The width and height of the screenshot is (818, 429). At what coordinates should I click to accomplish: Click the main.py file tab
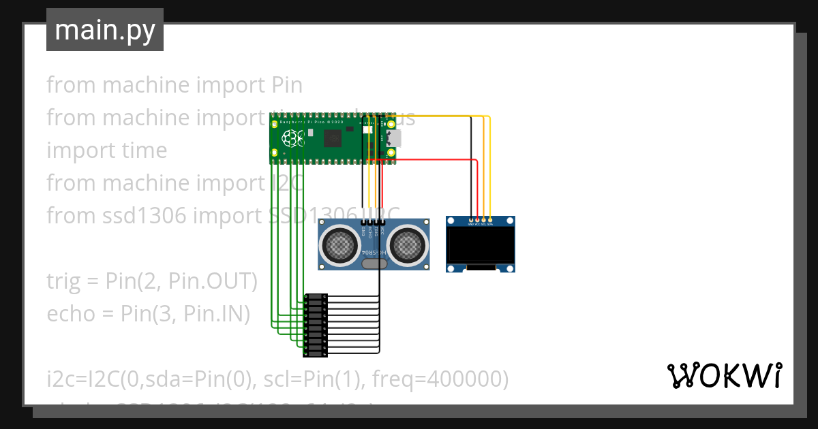coord(104,31)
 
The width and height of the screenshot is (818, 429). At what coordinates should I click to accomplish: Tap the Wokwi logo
coord(724,375)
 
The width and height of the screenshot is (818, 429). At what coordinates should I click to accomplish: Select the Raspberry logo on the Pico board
coord(295,138)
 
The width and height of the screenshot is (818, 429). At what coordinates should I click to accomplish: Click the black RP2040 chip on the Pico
coord(333,139)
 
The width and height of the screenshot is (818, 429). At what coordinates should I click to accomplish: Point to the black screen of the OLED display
coord(481,247)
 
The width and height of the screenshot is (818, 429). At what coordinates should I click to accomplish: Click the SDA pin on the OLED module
coord(490,221)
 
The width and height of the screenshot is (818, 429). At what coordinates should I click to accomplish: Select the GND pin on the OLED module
coord(471,221)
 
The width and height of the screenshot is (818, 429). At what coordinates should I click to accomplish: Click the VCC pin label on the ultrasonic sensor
coord(382,230)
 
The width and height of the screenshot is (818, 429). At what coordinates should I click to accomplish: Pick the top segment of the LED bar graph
coord(315,298)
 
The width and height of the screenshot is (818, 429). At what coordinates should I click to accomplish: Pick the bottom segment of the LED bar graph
coord(315,353)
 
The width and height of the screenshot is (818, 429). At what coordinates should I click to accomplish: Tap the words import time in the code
coord(106,150)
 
